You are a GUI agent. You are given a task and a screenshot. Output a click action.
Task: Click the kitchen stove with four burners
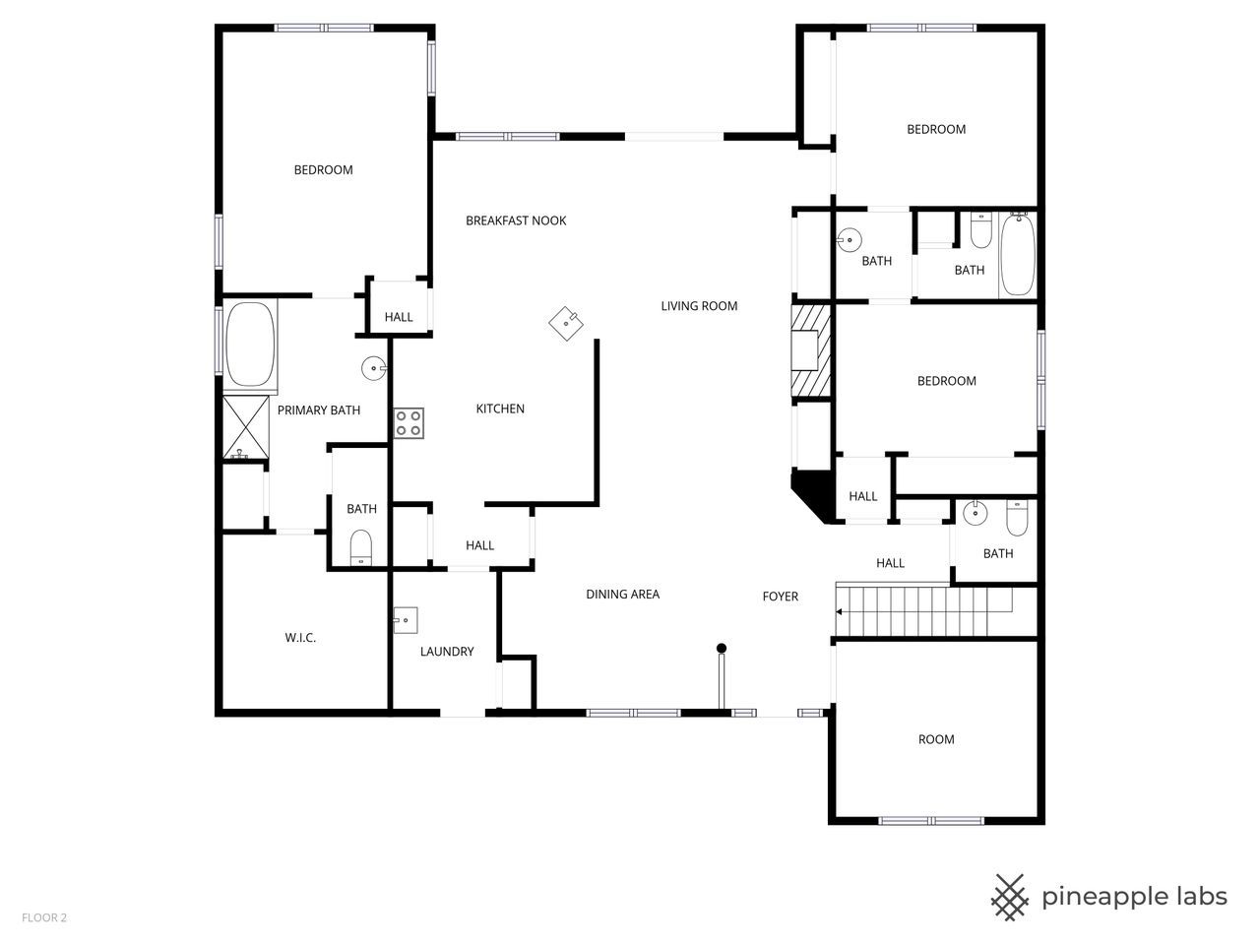coord(409,423)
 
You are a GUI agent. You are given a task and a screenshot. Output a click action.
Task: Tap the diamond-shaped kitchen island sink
coord(566,323)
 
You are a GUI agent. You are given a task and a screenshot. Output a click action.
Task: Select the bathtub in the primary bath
coord(250,344)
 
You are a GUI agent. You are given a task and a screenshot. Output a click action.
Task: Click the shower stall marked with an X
coord(245,427)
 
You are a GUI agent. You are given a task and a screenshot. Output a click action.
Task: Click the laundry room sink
coord(406,620)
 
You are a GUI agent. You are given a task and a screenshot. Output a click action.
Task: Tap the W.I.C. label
coord(300,638)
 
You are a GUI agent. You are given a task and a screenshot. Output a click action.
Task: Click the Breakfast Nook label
coord(516,220)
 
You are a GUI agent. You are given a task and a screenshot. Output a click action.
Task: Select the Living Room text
coord(699,306)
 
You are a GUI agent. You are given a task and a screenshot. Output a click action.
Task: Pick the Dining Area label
coord(622,594)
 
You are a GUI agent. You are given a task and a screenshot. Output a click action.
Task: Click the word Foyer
coord(781,597)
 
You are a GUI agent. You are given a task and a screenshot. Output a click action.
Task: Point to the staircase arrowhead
coord(839,611)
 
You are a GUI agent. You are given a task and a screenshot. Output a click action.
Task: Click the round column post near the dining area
coord(722,648)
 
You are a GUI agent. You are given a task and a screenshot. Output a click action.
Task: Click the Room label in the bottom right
coord(936,739)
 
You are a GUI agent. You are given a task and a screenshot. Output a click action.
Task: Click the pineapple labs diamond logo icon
coord(1009,897)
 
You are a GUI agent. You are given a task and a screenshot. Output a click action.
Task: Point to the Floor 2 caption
coord(44,918)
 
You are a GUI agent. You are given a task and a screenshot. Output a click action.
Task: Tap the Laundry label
coord(447,652)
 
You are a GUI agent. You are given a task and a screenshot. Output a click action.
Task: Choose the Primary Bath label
coord(318,410)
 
